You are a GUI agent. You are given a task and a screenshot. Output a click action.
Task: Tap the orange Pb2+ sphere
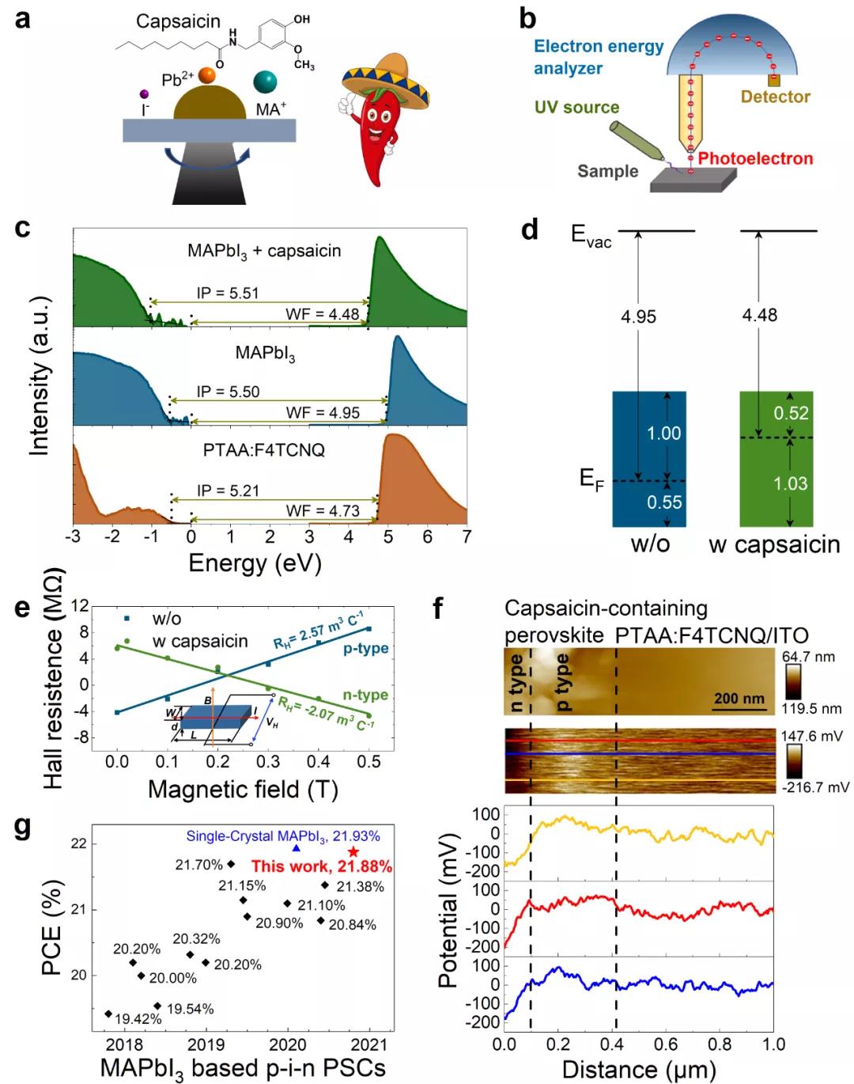tap(207, 75)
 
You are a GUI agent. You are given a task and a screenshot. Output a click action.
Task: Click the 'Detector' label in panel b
tap(775, 97)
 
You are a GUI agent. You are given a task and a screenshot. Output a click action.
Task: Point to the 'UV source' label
tap(576, 108)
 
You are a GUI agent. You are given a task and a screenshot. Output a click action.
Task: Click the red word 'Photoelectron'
tap(755, 158)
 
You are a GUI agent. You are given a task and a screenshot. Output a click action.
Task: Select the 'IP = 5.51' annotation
tap(228, 294)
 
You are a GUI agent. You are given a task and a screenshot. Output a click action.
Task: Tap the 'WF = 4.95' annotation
tap(323, 413)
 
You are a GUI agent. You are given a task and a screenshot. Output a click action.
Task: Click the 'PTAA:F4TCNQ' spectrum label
tap(264, 450)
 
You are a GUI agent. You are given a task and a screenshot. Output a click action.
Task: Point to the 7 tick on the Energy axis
tap(467, 537)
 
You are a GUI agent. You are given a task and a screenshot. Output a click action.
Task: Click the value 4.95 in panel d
tap(638, 316)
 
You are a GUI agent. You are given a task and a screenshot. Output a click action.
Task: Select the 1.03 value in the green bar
tap(790, 483)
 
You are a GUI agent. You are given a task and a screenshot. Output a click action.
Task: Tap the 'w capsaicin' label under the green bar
tap(774, 545)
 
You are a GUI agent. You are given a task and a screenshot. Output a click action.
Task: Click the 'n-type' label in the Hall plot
tap(365, 695)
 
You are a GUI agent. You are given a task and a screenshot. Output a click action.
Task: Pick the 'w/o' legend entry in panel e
tap(167, 619)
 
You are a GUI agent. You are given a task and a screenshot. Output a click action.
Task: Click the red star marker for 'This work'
tap(353, 852)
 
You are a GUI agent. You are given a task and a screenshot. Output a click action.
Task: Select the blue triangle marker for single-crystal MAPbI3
tap(297, 848)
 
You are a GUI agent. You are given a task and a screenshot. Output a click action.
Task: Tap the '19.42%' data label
tap(138, 1019)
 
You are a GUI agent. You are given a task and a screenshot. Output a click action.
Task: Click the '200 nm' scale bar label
tap(739, 699)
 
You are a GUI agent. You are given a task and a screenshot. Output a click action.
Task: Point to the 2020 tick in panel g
tap(288, 1044)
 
